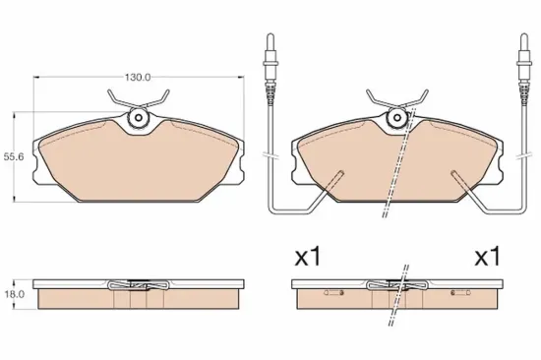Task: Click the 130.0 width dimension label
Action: tap(138, 78)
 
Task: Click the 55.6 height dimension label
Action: tap(14, 157)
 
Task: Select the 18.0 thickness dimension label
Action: tap(14, 294)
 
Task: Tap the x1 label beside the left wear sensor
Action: tap(308, 257)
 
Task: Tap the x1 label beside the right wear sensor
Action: tap(488, 257)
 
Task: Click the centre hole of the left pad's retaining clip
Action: tap(139, 118)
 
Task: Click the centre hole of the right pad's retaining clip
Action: tap(396, 118)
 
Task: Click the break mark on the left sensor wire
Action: tap(270, 155)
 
